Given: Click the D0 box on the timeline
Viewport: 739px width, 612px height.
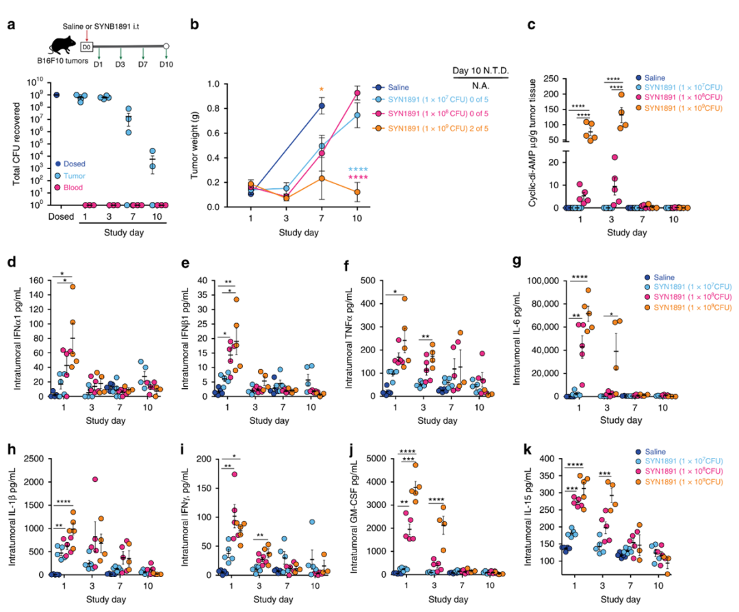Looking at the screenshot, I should (x=87, y=47).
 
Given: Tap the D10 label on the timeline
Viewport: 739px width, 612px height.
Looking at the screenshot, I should (x=166, y=64).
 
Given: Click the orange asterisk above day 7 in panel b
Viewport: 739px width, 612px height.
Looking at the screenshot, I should (x=320, y=90).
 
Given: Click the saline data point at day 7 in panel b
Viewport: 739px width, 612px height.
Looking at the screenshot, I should (x=321, y=105).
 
